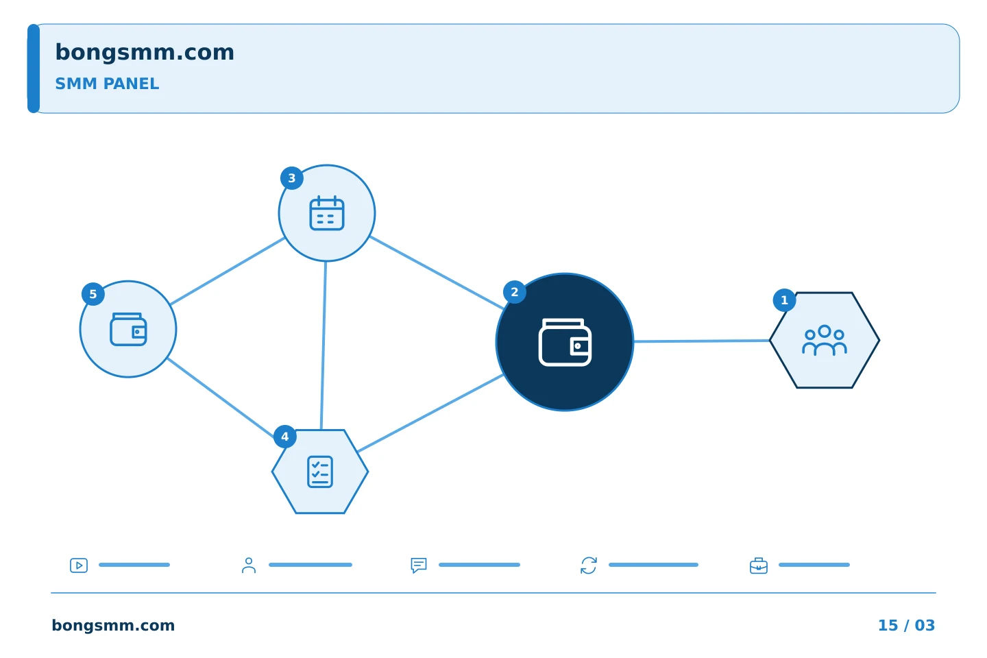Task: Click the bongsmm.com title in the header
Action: tap(145, 53)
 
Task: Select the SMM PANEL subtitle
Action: tap(107, 84)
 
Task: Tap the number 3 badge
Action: tap(292, 178)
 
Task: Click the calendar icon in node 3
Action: tap(326, 213)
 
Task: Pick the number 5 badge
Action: tap(93, 294)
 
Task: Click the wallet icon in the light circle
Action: tap(128, 329)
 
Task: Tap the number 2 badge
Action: tap(514, 292)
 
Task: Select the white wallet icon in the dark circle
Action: tap(565, 342)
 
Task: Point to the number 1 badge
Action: tap(784, 300)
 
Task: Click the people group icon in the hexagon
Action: tap(825, 340)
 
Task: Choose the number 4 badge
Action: tap(284, 437)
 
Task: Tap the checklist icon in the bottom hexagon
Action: tap(320, 472)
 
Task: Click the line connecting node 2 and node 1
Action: tap(701, 341)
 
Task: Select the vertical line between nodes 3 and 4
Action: tap(324, 345)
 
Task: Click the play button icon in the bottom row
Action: tap(79, 565)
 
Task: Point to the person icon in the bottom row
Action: tap(249, 565)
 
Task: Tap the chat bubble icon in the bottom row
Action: tap(419, 565)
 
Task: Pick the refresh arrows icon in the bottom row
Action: tap(589, 565)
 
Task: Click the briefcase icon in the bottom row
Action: tap(759, 565)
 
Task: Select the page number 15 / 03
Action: tap(906, 625)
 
